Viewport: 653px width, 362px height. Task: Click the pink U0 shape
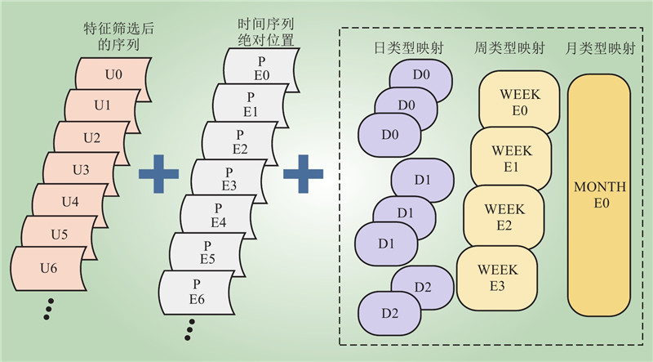coord(114,74)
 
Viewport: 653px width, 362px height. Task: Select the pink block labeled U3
coord(81,169)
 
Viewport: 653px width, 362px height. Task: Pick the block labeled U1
coord(102,105)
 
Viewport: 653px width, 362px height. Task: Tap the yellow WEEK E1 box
coord(512,156)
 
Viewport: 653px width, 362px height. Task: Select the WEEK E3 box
coord(497,275)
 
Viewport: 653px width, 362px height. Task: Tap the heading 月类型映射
coord(598,49)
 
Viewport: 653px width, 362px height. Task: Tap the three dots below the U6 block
coord(49,309)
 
